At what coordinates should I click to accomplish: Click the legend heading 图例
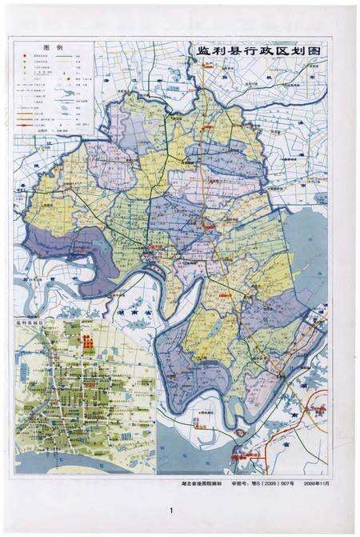[53, 48]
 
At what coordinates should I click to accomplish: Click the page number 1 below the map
[171, 510]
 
